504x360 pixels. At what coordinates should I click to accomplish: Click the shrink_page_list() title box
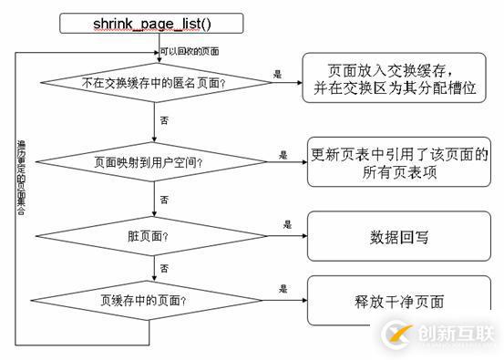(151, 22)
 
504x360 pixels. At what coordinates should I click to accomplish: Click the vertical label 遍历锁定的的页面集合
(23, 182)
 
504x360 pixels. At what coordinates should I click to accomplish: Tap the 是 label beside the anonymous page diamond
(276, 72)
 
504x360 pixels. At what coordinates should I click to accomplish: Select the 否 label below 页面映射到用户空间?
(164, 197)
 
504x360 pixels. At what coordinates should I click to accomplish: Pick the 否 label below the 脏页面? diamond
(164, 268)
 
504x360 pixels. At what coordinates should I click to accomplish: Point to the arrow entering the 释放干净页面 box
(292, 298)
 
